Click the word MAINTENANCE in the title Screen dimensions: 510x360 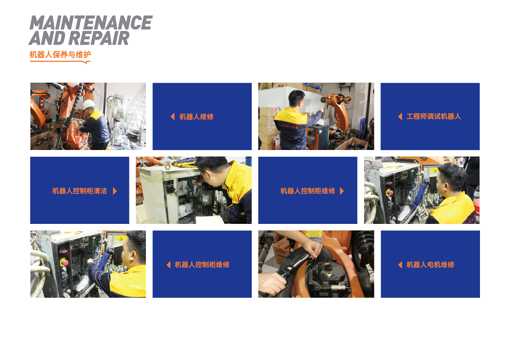tap(91, 23)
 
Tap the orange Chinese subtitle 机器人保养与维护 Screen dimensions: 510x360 tap(60, 55)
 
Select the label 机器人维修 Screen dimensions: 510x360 tap(196, 117)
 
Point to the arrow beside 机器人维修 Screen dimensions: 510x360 tap(173, 116)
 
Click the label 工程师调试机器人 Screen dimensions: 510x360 tap(433, 116)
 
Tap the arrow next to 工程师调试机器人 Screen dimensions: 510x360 tap(400, 116)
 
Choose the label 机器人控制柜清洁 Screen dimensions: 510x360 tap(80, 191)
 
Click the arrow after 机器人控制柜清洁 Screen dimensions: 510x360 tap(115, 191)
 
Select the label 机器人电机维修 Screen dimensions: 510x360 tap(430, 265)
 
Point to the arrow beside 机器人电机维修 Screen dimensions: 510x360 tap(400, 265)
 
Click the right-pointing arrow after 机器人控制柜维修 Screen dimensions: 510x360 tap(342, 191)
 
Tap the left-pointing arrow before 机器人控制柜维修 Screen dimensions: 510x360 tap(168, 265)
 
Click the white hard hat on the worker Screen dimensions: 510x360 tap(88, 105)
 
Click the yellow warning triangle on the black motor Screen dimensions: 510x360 tap(329, 275)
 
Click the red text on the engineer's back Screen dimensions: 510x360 tap(288, 125)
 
